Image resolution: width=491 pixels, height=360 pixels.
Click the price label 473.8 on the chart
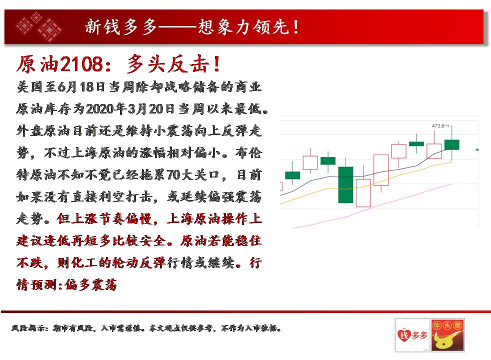point(438,126)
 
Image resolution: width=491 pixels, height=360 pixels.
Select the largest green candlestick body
point(345,184)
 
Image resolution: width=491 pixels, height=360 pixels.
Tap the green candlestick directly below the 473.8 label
point(452,144)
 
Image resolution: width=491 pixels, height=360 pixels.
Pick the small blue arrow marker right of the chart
point(476,150)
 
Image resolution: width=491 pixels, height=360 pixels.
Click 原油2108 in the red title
point(60,64)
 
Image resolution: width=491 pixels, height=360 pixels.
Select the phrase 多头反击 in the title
point(168,64)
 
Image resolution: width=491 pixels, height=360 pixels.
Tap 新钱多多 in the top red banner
point(121,26)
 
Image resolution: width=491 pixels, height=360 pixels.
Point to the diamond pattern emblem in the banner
point(39,27)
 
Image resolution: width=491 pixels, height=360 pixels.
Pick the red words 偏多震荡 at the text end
point(90,285)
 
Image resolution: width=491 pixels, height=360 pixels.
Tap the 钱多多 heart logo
point(412,335)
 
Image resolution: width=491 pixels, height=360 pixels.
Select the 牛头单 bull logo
point(447,335)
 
